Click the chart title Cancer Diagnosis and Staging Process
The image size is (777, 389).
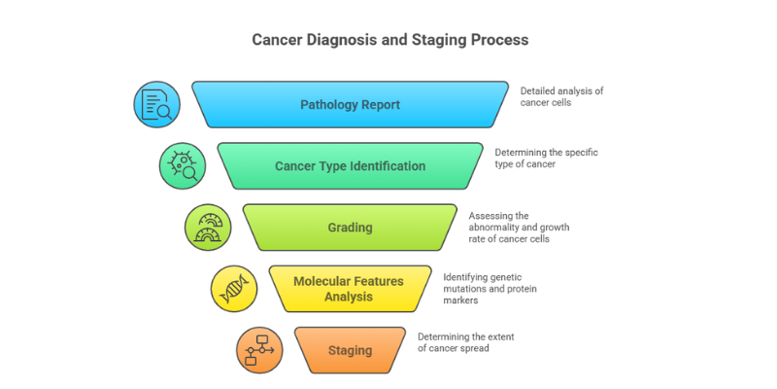coord(390,40)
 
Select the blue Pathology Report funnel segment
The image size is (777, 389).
coord(350,105)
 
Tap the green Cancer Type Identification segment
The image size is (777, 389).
coord(350,165)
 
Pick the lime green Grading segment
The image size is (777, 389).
coord(350,228)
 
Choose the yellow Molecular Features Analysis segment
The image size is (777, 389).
coord(350,289)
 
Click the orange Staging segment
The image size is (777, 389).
coord(350,350)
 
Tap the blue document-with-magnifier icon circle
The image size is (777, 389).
coord(156,105)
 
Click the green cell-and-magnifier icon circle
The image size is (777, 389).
coord(183,165)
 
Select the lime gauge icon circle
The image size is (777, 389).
coord(208,228)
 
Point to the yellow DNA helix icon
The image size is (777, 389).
coord(234,289)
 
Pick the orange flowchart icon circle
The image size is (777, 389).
coord(259,350)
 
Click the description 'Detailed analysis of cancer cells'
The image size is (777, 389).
coord(561,96)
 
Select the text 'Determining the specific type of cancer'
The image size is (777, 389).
coord(546,158)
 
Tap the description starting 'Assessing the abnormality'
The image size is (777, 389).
coord(519,228)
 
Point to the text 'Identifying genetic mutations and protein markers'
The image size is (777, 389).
coord(490,289)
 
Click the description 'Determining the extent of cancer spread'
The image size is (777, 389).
coord(466,342)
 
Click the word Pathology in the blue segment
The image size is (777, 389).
coord(325,105)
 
